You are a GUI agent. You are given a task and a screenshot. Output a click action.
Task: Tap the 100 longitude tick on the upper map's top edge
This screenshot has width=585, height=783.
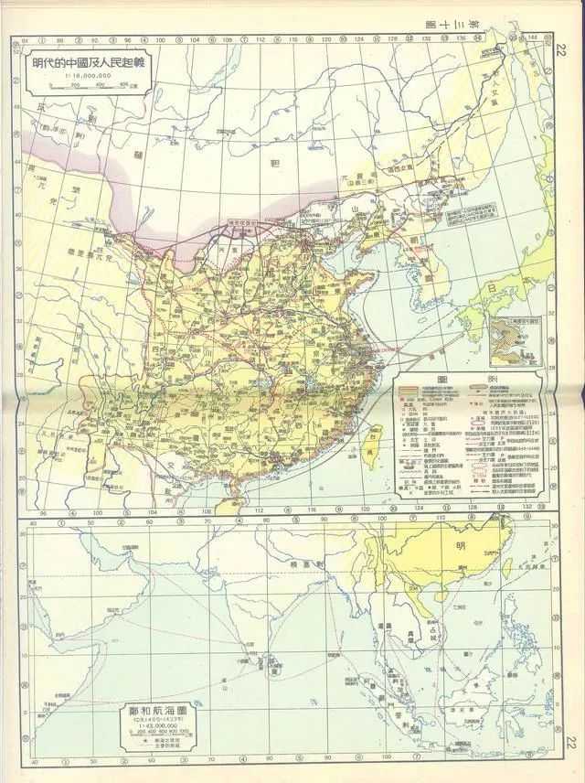tap(158, 40)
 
